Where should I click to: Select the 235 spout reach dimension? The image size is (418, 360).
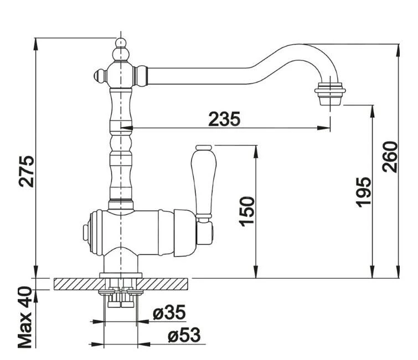224,118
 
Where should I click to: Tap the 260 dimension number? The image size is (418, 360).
391,156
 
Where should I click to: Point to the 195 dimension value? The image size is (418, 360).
364,192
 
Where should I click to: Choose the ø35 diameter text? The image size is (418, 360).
169,314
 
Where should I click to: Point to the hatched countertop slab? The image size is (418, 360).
78,284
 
